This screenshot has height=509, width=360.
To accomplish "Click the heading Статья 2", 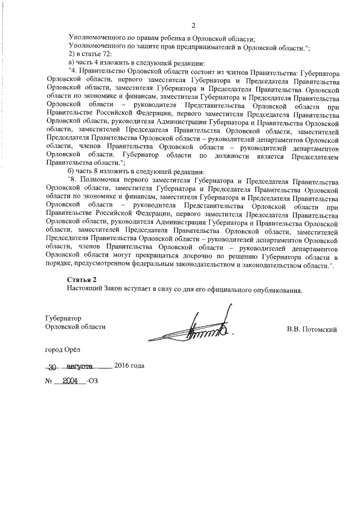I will click(x=82, y=280).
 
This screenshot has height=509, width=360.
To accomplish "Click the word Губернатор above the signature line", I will click(x=64, y=318).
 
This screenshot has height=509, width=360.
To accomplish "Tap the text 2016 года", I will click(x=129, y=366).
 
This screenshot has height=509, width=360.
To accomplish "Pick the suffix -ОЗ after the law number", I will click(x=94, y=381).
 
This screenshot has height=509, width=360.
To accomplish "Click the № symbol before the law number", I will click(x=48, y=381).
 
